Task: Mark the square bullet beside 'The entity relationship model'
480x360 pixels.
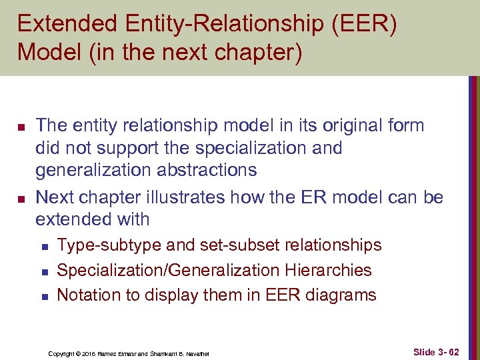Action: (x=21, y=126)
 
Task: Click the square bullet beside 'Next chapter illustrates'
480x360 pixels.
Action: (x=21, y=197)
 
